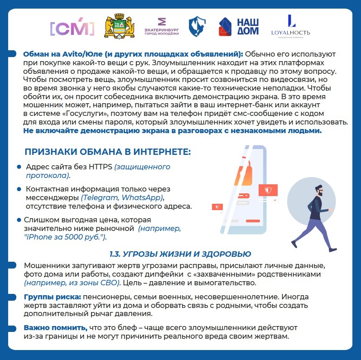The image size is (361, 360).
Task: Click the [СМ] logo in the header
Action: [72, 28]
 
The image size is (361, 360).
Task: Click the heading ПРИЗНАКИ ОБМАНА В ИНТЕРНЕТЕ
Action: [107, 152]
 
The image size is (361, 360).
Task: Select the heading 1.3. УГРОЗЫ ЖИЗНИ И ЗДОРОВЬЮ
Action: [180, 253]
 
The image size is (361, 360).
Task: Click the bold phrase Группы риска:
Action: [52, 297]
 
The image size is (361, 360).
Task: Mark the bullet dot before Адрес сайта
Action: [19, 167]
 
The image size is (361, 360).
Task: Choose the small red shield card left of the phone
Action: [217, 207]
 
